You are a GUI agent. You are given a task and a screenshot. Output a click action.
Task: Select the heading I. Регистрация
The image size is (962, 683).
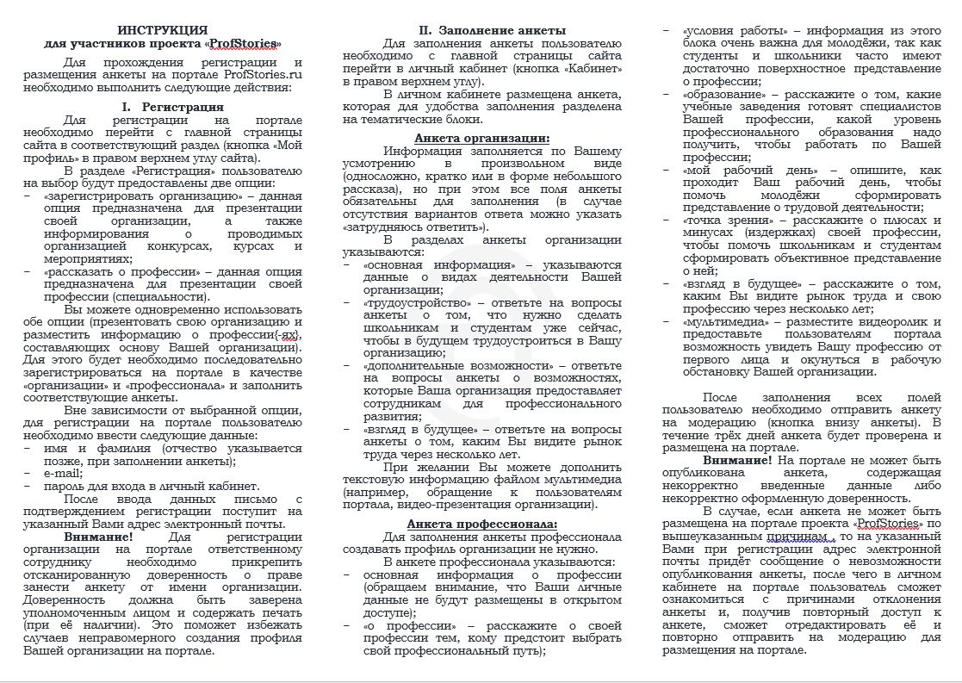point(172,107)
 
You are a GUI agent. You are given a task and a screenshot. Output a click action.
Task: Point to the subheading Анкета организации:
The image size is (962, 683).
point(481,138)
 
